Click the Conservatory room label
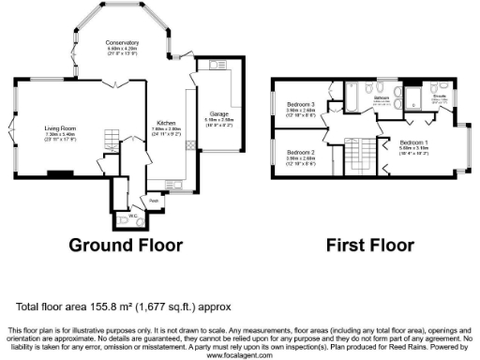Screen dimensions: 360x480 coord(122,43)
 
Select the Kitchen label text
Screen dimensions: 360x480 coord(165,123)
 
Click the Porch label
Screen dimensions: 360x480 coord(153,200)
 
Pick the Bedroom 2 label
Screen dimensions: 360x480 coord(301,152)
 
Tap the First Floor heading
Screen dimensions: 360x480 coord(369,247)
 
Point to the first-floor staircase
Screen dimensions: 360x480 coord(360,156)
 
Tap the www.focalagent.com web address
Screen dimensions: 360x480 coord(240,355)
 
